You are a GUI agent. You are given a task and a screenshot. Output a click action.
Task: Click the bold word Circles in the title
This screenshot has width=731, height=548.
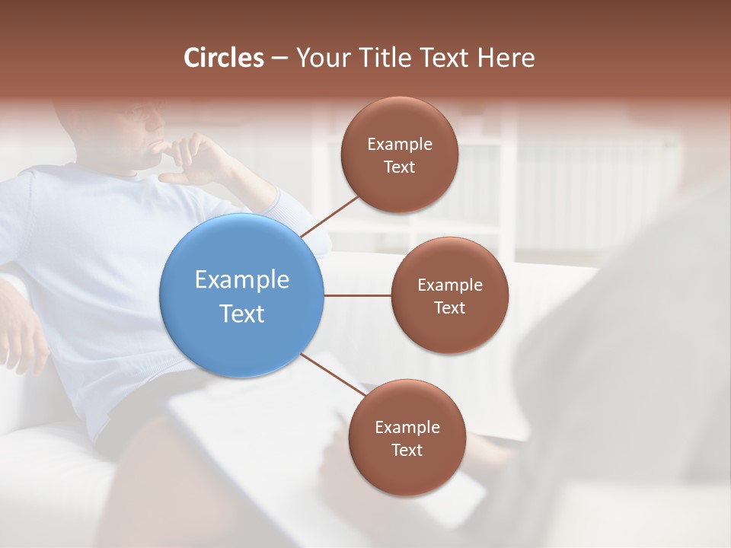click(223, 58)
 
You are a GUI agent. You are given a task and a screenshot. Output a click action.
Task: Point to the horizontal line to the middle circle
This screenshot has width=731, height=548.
click(357, 295)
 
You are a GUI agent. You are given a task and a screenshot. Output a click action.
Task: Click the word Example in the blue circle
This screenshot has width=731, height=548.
click(241, 279)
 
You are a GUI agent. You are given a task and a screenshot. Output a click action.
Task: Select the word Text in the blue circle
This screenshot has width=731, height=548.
click(241, 313)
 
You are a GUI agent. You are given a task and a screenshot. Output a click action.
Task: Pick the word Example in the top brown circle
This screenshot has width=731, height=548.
click(399, 144)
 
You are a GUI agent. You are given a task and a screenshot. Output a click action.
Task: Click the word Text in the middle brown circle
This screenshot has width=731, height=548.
click(449, 307)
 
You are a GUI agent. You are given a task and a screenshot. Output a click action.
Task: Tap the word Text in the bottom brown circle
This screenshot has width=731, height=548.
click(407, 450)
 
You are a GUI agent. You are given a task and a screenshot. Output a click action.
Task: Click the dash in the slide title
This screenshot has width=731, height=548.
click(279, 59)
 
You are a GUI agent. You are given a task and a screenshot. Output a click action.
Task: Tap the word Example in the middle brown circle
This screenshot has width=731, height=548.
click(449, 285)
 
